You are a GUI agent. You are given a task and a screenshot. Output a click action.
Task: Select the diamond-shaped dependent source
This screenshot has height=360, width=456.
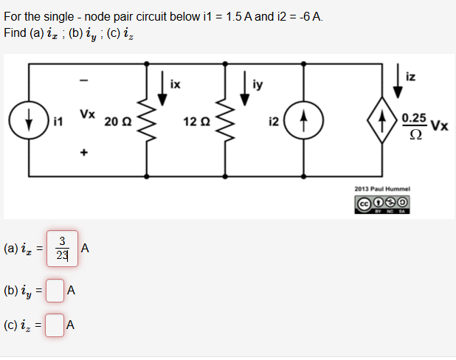pyautogui.click(x=382, y=121)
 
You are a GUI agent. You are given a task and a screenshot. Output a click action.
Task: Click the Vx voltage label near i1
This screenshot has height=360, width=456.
pyautogui.click(x=87, y=114)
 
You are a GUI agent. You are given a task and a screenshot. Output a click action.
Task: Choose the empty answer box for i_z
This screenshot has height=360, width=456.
pyautogui.click(x=54, y=325)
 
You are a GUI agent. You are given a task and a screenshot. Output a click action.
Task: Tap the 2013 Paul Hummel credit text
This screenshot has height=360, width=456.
pyautogui.click(x=382, y=189)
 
